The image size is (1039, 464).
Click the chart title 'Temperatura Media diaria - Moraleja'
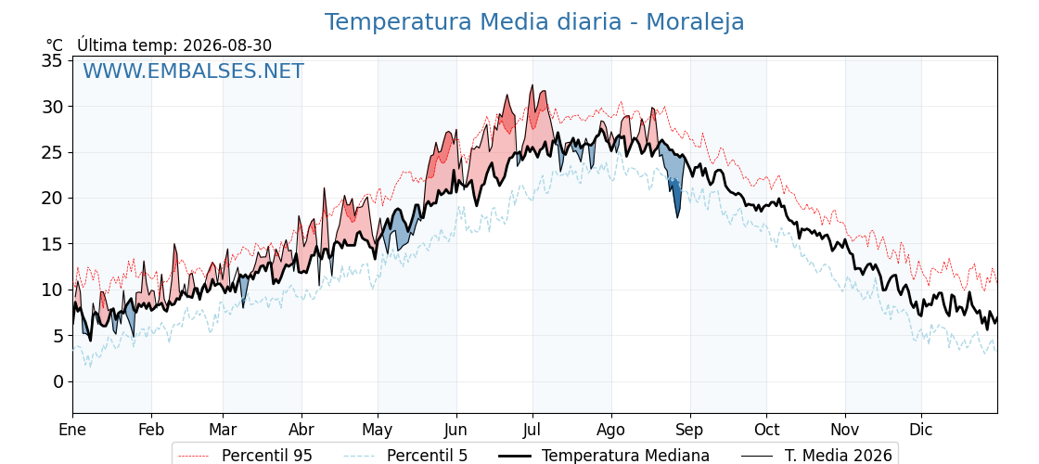[534, 22]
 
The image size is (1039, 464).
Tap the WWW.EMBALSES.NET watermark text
[194, 71]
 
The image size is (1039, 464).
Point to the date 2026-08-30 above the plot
[227, 45]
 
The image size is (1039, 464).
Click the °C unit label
[55, 45]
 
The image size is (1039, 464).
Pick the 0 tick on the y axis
[59, 381]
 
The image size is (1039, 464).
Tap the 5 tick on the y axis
[59, 336]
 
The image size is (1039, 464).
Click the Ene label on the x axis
[72, 430]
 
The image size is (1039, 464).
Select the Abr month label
[301, 430]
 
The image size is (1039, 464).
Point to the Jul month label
[532, 430]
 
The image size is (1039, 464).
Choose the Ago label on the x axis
[611, 431]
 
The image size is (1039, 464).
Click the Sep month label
[690, 431]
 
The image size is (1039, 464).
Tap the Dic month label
[921, 430]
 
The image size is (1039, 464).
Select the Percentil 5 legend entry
[404, 456]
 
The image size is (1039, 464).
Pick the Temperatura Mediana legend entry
[603, 456]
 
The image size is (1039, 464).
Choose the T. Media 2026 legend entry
[816, 456]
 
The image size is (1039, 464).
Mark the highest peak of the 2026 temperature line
[532, 84]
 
